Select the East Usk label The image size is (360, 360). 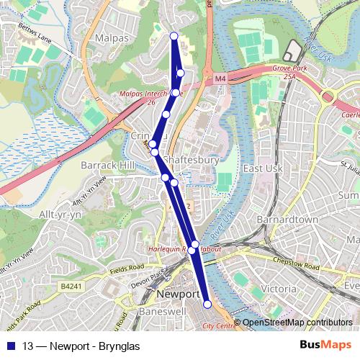tap(261, 168)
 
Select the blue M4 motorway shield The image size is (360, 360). tap(220, 77)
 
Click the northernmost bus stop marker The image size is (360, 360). tap(174, 36)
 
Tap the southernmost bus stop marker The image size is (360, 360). tap(207, 305)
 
